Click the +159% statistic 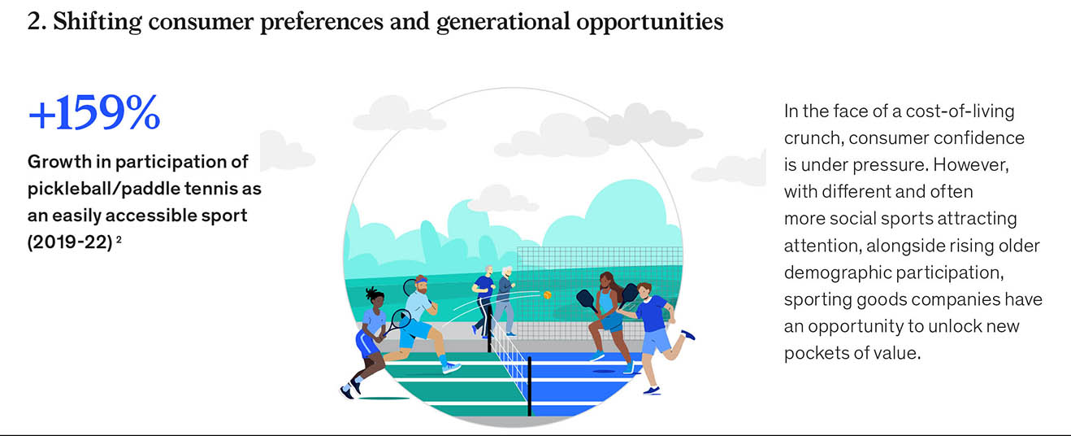pos(94,113)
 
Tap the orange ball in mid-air pos(548,294)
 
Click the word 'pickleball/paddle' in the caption pos(102,189)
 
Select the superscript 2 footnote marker pos(119,238)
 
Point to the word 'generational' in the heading pos(503,22)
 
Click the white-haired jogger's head pos(507,272)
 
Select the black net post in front pos(529,386)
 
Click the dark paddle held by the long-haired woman pos(586,299)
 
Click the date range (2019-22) pos(70,242)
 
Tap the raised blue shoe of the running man pos(687,334)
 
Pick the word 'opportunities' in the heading pos(650,22)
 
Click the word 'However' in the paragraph pos(970,165)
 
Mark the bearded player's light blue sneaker pos(451,368)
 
